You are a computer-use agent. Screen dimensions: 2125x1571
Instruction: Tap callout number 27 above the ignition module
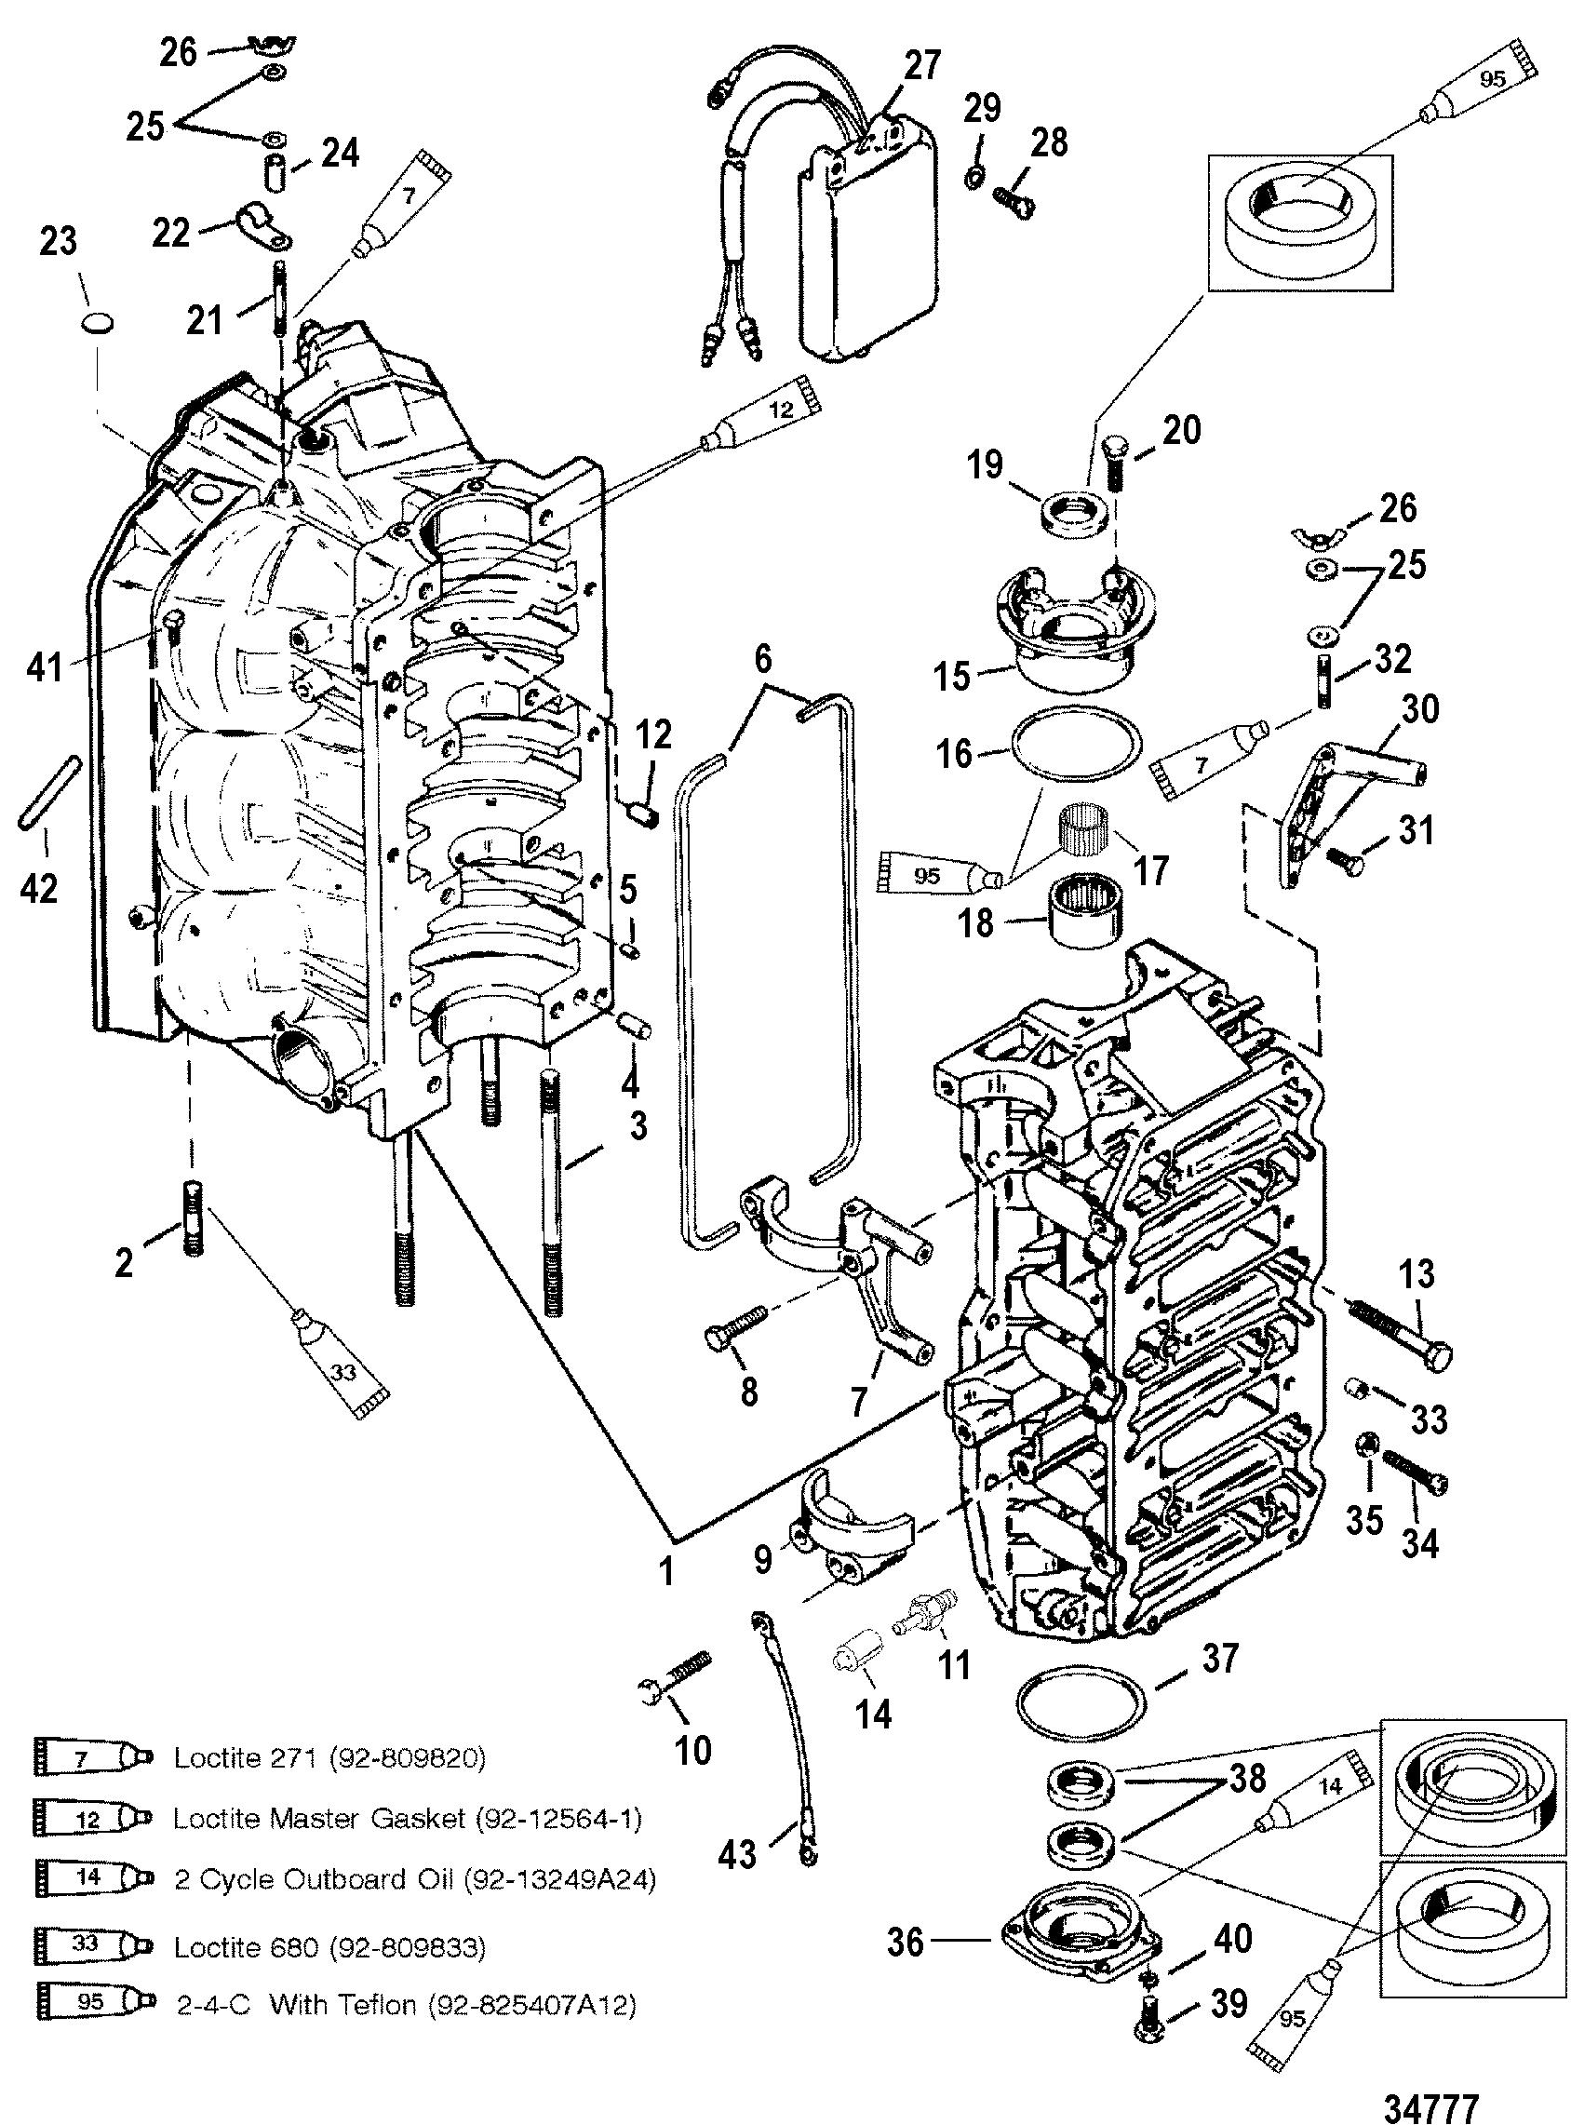point(920,66)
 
